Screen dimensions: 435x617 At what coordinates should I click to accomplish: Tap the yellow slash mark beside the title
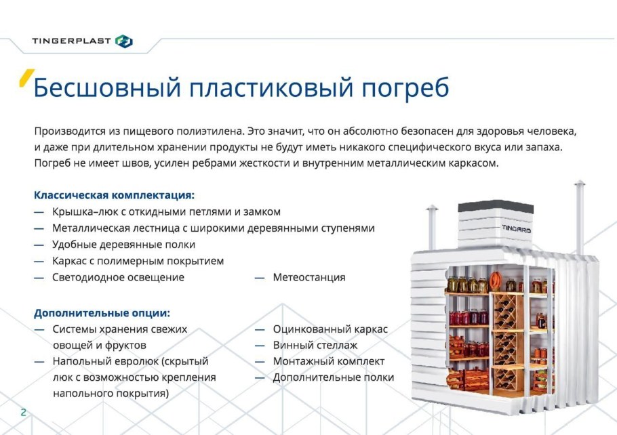click(x=26, y=79)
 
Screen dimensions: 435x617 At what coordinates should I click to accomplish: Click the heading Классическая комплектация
click(x=115, y=195)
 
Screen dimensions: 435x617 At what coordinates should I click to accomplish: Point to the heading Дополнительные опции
click(x=102, y=313)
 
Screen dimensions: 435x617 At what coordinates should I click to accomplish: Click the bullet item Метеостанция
click(x=309, y=277)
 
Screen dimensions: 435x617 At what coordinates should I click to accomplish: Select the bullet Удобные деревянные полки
click(x=123, y=245)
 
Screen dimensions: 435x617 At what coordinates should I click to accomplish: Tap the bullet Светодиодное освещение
click(x=118, y=277)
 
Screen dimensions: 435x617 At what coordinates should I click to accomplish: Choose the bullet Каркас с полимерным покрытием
click(x=138, y=261)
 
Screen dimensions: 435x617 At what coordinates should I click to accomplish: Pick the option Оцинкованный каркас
click(x=330, y=329)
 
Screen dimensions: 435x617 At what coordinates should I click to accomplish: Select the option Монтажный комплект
click(x=329, y=361)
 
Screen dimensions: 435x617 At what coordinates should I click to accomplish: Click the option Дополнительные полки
click(x=334, y=377)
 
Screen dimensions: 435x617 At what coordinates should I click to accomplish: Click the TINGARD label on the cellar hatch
click(x=517, y=230)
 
